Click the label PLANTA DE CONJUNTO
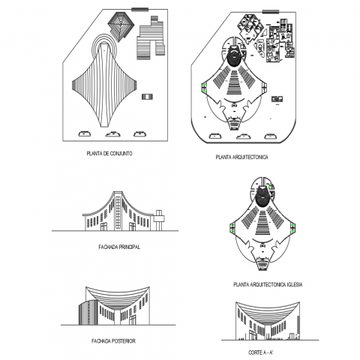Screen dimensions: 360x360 click(x=109, y=154)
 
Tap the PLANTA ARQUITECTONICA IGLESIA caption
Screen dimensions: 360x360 click(x=268, y=284)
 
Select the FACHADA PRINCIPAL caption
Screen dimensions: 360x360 click(x=119, y=247)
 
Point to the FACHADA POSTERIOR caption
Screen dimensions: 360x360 click(x=113, y=341)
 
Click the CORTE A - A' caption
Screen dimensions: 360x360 click(x=261, y=352)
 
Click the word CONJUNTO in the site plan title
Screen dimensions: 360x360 click(x=121, y=154)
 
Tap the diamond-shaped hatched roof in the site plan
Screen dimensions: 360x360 click(x=121, y=26)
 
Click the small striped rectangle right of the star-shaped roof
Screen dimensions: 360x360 click(x=147, y=97)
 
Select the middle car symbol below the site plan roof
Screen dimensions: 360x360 click(x=112, y=134)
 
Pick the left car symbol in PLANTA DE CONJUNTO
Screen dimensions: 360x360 click(x=85, y=133)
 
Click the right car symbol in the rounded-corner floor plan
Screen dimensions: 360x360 click(x=271, y=136)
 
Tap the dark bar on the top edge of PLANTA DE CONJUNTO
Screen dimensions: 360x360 click(x=139, y=10)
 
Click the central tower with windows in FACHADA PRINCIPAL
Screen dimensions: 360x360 click(x=118, y=211)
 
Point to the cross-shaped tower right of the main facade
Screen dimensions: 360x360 click(x=159, y=220)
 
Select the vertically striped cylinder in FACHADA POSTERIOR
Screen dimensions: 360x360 click(x=85, y=313)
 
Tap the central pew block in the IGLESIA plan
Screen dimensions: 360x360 click(x=262, y=223)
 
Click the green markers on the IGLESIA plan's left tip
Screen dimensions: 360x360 click(x=232, y=229)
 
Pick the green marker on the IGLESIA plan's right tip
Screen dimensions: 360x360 click(x=292, y=229)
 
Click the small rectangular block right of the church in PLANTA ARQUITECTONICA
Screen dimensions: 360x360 click(x=277, y=99)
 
